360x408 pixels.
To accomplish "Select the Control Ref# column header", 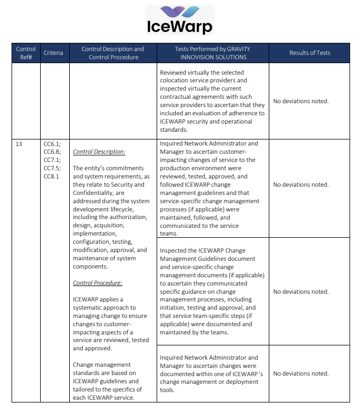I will pyautogui.click(x=26, y=53).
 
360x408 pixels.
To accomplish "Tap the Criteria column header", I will pyautogui.click(x=53, y=53).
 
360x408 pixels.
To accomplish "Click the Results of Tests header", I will pyautogui.click(x=309, y=53).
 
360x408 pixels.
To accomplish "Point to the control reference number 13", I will pyautogui.click(x=19, y=144).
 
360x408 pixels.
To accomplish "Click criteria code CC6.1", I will pyautogui.click(x=52, y=144).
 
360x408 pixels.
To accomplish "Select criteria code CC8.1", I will pyautogui.click(x=52, y=176).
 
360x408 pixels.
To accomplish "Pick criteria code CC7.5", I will pyautogui.click(x=52, y=168).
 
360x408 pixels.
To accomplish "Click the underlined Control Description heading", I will pyautogui.click(x=99, y=152).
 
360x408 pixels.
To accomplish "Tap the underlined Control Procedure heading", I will pyautogui.click(x=97, y=283).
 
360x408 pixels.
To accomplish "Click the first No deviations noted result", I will pyautogui.click(x=301, y=101).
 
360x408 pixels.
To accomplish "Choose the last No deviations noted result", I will pyautogui.click(x=301, y=373).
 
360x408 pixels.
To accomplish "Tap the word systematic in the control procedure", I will pyautogui.click(x=91, y=308).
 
